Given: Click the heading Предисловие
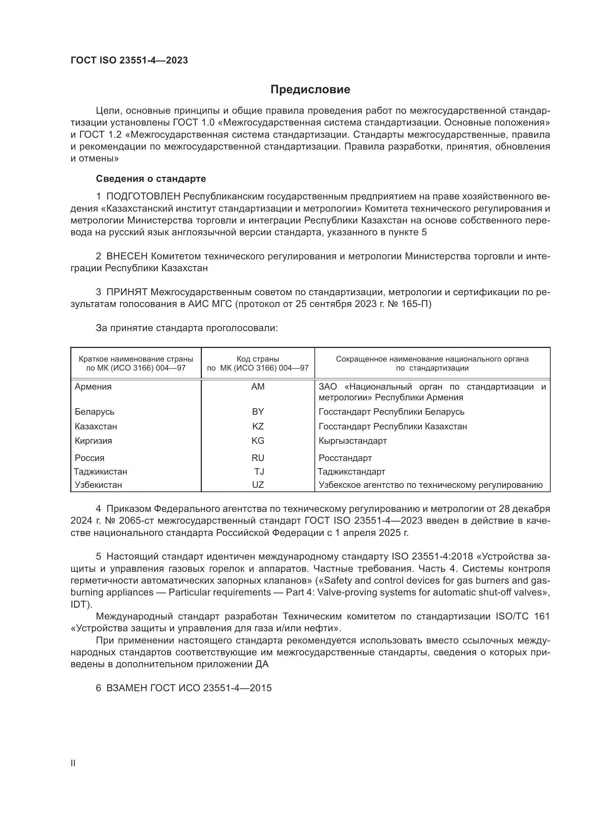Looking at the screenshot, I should coord(310,90).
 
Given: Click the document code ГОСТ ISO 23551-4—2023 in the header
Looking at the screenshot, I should coord(129,61).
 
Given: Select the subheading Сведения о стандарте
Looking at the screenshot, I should coord(151,179).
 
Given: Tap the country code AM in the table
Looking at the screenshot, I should coord(258,387).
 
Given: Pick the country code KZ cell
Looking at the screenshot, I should coord(258,426).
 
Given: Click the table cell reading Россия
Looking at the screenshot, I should coord(90,458).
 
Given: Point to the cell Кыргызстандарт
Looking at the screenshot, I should coord(353,441).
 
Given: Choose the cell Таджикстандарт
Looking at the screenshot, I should coord(351,471).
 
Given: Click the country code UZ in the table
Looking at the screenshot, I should coord(258,485).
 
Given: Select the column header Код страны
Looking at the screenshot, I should coord(258,359).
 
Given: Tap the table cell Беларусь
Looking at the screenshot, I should coord(95,412).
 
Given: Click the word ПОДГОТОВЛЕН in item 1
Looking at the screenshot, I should coord(143,197).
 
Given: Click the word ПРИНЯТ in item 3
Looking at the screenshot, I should coord(127,292).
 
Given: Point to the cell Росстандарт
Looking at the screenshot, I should coord(345,458).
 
